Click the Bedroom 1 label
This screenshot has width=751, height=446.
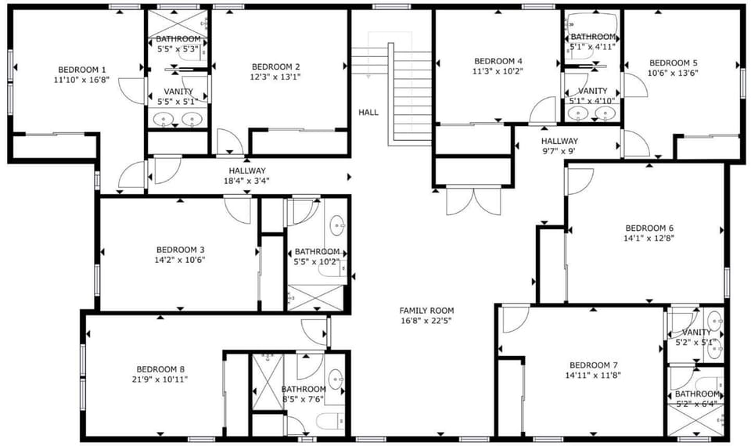click(82, 70)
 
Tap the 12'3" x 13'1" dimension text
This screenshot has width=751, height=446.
click(275, 77)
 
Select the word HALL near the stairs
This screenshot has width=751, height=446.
click(368, 113)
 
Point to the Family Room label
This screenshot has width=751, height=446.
click(427, 311)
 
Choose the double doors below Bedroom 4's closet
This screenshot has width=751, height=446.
click(473, 201)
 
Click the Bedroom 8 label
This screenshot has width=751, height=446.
click(160, 369)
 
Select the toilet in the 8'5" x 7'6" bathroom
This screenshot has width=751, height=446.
click(330, 422)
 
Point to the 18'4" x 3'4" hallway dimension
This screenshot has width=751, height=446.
click(246, 181)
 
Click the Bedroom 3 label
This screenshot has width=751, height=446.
click(180, 250)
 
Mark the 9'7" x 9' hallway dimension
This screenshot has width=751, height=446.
click(559, 151)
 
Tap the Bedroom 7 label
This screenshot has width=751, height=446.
click(593, 365)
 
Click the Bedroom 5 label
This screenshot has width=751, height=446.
click(673, 63)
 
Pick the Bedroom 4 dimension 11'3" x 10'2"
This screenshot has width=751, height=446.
click(498, 71)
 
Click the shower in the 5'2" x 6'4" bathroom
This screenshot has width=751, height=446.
click(696, 420)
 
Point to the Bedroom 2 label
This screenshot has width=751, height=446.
click(276, 67)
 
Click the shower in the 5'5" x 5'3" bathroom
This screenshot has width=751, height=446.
click(178, 24)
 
